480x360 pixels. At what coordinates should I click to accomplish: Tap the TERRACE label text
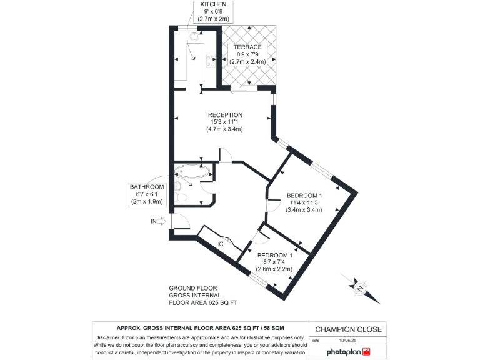(247, 47)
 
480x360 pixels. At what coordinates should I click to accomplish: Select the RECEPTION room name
(224, 114)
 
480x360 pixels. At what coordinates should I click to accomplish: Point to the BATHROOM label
(146, 187)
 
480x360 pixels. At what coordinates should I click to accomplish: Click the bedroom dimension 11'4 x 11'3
(304, 202)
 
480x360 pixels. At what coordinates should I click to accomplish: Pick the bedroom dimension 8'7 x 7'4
(274, 262)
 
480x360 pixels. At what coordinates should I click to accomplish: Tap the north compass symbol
(359, 287)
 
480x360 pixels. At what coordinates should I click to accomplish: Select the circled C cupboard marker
(221, 244)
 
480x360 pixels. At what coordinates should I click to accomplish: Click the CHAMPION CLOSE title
(348, 329)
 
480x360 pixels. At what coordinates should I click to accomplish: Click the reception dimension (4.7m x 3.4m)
(224, 129)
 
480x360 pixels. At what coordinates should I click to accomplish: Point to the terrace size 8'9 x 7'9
(247, 55)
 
